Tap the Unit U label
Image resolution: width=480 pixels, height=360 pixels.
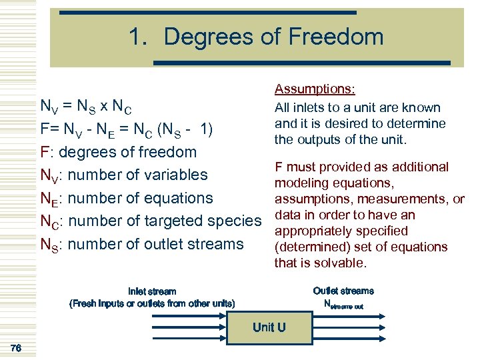269,327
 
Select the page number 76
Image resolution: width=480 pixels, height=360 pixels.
17,347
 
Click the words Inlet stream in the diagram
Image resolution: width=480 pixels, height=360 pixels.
152,291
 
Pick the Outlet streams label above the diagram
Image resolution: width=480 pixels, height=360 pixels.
343,291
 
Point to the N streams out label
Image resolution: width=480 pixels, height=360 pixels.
343,304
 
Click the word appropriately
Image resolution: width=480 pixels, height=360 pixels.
311,231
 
